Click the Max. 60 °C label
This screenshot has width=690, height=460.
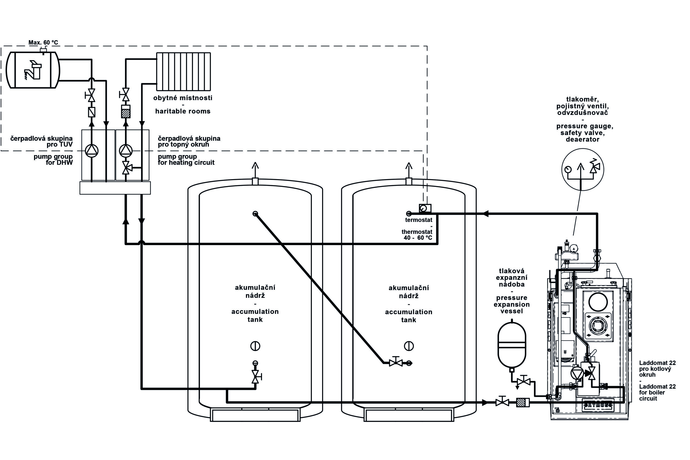[x=43, y=43]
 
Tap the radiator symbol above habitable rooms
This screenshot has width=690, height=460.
[x=183, y=71]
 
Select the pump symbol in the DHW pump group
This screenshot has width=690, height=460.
[x=92, y=151]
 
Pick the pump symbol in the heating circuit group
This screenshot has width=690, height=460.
[x=126, y=151]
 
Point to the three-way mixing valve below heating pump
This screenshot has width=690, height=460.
[x=126, y=168]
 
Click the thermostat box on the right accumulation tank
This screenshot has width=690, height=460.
[x=425, y=208]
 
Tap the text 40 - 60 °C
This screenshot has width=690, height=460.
[x=418, y=238]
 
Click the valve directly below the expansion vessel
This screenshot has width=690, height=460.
[x=523, y=382]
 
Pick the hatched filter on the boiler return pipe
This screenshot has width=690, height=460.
[x=522, y=402]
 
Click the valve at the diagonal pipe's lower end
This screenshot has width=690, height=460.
[x=396, y=363]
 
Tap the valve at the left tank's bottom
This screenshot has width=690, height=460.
[x=256, y=376]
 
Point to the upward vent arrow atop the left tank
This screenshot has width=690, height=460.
[x=255, y=170]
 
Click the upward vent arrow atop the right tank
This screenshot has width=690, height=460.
[x=409, y=170]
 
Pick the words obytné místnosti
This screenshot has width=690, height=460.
[x=183, y=98]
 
